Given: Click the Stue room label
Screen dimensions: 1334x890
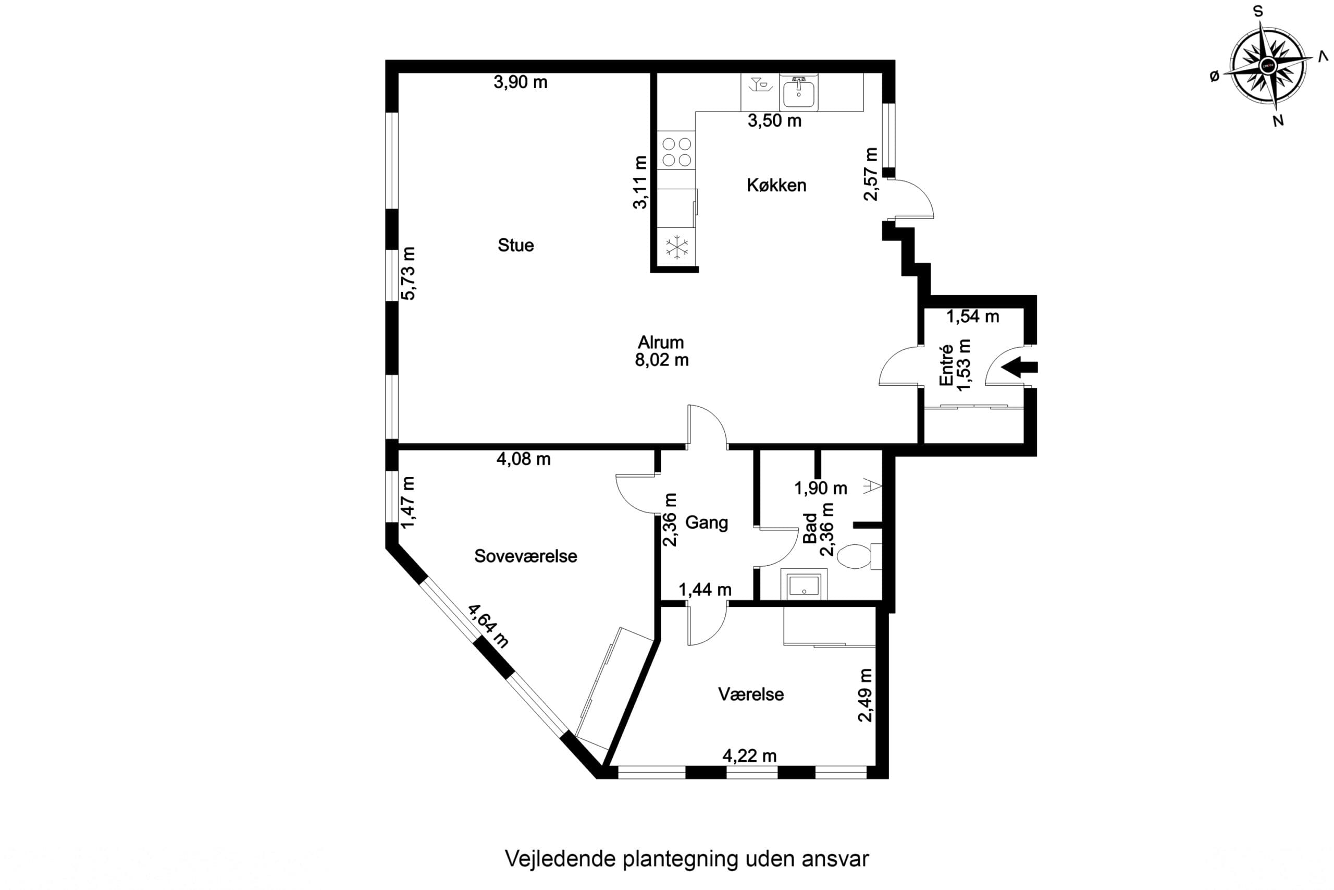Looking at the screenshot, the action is pos(515,245).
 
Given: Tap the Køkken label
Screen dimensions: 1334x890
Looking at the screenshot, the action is pos(776,185).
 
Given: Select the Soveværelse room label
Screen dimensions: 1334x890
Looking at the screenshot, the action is pos(525,556).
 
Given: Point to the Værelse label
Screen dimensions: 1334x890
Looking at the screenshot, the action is pos(751,694).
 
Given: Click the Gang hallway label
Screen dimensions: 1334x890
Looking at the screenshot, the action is pos(707,522).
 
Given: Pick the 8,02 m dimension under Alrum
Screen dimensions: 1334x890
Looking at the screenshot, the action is pos(662,360).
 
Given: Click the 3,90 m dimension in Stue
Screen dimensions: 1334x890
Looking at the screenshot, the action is pos(521,82).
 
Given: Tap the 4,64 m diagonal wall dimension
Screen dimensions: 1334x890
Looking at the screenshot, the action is pos(488,626).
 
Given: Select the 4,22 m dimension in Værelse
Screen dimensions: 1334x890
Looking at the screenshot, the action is pos(749,756).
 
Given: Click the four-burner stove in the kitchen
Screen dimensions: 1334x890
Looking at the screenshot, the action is pos(677,151).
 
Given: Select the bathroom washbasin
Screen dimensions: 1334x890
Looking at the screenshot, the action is pos(804,584).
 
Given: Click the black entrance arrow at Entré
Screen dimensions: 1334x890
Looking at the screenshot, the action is pos(1019,367).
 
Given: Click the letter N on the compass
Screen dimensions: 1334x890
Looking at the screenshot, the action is pos(1279,120).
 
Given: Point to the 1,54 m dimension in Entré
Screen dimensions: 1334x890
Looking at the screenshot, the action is pos(973,316).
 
